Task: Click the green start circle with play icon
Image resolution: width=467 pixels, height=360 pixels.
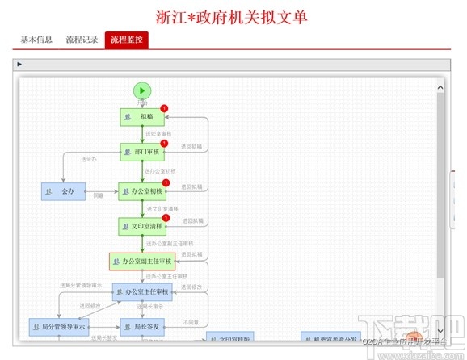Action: tap(142, 91)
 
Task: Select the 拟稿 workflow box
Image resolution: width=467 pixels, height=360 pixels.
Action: tap(142, 117)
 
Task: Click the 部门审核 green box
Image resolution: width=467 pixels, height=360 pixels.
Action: tap(142, 152)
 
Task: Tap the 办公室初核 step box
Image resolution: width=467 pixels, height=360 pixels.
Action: tap(143, 191)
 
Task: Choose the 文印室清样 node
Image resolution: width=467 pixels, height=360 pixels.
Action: tap(143, 227)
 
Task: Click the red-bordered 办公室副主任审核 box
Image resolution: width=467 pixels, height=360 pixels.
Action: tap(142, 262)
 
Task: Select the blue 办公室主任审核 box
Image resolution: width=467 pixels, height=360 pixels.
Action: tap(142, 291)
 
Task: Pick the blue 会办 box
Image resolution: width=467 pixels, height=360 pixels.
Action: tap(63, 191)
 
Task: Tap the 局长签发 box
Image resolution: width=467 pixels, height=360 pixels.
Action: tap(142, 327)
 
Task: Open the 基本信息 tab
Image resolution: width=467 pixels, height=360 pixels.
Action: tap(36, 40)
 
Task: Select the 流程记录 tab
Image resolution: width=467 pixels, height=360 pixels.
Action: tap(82, 40)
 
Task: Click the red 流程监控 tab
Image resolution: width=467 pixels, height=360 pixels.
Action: tap(127, 40)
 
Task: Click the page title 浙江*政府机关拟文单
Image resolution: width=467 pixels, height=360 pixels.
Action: tap(233, 16)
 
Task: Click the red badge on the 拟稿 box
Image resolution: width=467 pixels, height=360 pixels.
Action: tap(164, 108)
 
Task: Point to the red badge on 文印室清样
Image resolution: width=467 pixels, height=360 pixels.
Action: tap(165, 218)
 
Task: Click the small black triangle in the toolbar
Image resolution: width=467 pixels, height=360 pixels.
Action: tap(19, 64)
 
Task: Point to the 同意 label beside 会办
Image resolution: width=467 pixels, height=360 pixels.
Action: tap(99, 195)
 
